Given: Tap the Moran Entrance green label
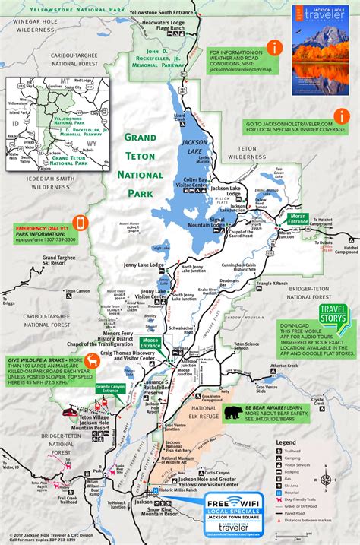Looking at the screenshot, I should click(298, 217).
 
